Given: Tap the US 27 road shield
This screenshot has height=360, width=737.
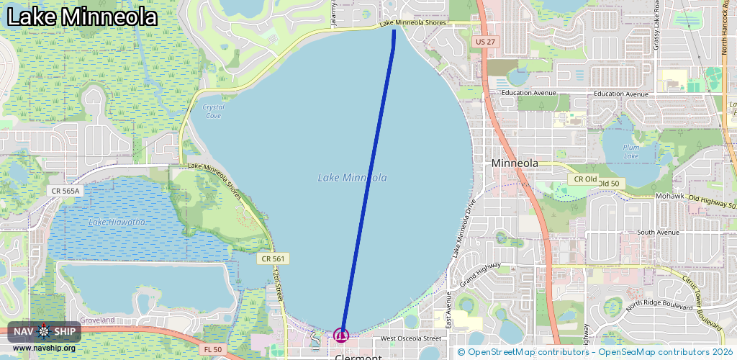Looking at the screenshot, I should coord(486,42).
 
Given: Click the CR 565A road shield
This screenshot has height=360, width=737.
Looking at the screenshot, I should coord(65,191).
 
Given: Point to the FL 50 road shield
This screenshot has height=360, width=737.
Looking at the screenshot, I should coord(212,349).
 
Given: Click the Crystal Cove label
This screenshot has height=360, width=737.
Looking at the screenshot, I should coord(214,111).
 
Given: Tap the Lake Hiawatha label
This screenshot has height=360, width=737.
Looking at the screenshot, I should coord(117,222).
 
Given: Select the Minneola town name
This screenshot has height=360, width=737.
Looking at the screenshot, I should coord(515,163).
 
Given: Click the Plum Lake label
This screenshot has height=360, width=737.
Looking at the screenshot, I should coord(631,151).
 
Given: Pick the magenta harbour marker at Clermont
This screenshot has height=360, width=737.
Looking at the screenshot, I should coord(341,335).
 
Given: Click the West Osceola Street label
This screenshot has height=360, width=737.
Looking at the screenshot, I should coord(411,338).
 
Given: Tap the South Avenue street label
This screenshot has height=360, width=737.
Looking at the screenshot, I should coord(658,233).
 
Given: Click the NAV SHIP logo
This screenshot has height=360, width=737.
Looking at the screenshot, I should coord(45,331).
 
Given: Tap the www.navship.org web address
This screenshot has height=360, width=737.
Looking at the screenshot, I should coord(45,348).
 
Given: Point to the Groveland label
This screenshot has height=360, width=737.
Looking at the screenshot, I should coord(97,320).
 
